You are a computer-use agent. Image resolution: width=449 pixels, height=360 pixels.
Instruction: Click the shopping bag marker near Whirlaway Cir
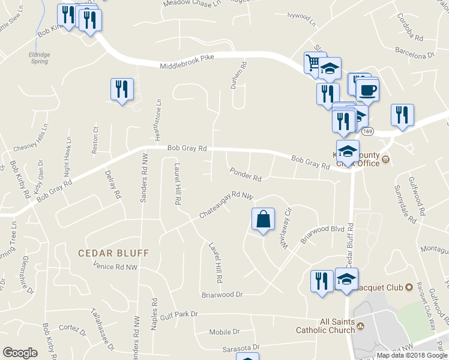click(x=264, y=219)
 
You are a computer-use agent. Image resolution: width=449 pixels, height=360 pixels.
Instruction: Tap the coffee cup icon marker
click(x=367, y=91)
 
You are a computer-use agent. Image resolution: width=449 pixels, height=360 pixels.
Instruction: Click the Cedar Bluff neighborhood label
click(x=113, y=253)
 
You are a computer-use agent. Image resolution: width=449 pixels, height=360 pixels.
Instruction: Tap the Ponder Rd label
click(x=246, y=175)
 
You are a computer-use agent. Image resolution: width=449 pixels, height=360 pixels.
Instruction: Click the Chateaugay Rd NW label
click(x=227, y=203)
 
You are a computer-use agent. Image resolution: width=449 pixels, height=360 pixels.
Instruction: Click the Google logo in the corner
click(x=20, y=353)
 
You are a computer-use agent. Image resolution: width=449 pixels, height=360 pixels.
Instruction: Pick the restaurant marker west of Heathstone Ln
click(x=122, y=89)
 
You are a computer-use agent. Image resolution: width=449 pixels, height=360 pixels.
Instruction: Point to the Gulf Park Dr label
click(x=178, y=313)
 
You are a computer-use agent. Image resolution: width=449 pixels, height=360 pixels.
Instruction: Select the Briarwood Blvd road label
click(x=322, y=232)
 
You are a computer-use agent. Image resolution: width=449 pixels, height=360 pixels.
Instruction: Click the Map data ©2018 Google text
click(x=411, y=355)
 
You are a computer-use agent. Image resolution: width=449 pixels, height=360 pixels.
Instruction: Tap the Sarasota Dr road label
click(x=239, y=347)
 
